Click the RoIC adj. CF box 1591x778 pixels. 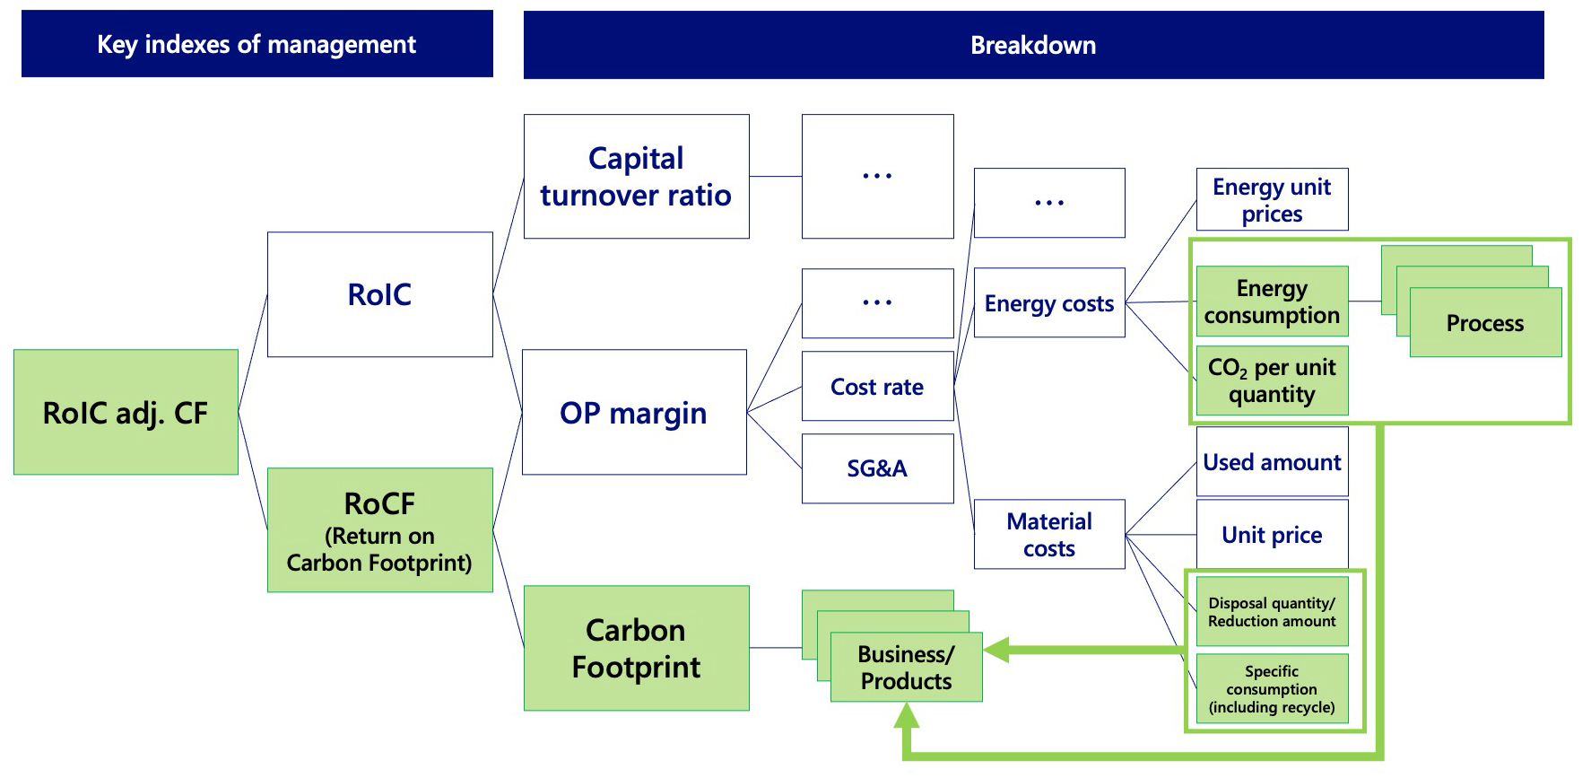pos(126,412)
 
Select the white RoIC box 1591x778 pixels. pos(379,294)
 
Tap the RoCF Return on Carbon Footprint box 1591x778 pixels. pos(379,530)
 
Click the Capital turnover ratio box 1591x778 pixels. pos(636,177)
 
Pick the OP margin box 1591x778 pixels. pos(634,412)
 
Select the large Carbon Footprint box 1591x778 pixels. pos(636,648)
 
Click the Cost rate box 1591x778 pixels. pos(877,387)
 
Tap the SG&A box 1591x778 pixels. pos(877,468)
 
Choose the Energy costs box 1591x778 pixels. pos(1049,303)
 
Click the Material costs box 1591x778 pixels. pos(1049,534)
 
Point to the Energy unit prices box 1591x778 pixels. pos(1272,199)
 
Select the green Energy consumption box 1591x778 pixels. pos(1272,302)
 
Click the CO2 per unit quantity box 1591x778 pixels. pos(1272,380)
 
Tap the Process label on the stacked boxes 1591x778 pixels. pos(1485,323)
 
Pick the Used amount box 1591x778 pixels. pos(1272,462)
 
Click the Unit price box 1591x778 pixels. pos(1272,535)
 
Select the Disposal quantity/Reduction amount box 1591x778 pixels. pos(1272,612)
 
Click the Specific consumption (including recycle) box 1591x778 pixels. pos(1272,689)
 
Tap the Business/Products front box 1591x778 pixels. pos(906,668)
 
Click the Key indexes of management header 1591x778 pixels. pos(256,44)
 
